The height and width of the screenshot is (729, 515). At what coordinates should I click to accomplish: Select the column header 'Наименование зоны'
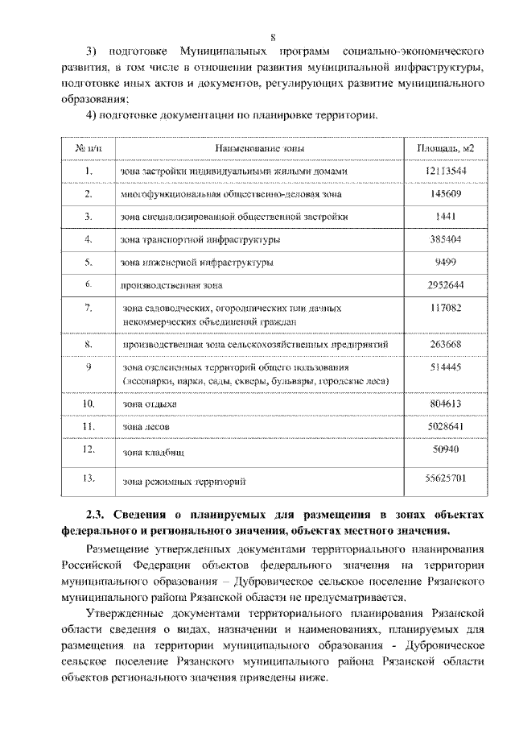click(258, 148)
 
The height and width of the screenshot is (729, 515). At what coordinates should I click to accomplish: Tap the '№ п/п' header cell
click(89, 148)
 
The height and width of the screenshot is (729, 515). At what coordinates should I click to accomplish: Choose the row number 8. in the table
click(89, 344)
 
